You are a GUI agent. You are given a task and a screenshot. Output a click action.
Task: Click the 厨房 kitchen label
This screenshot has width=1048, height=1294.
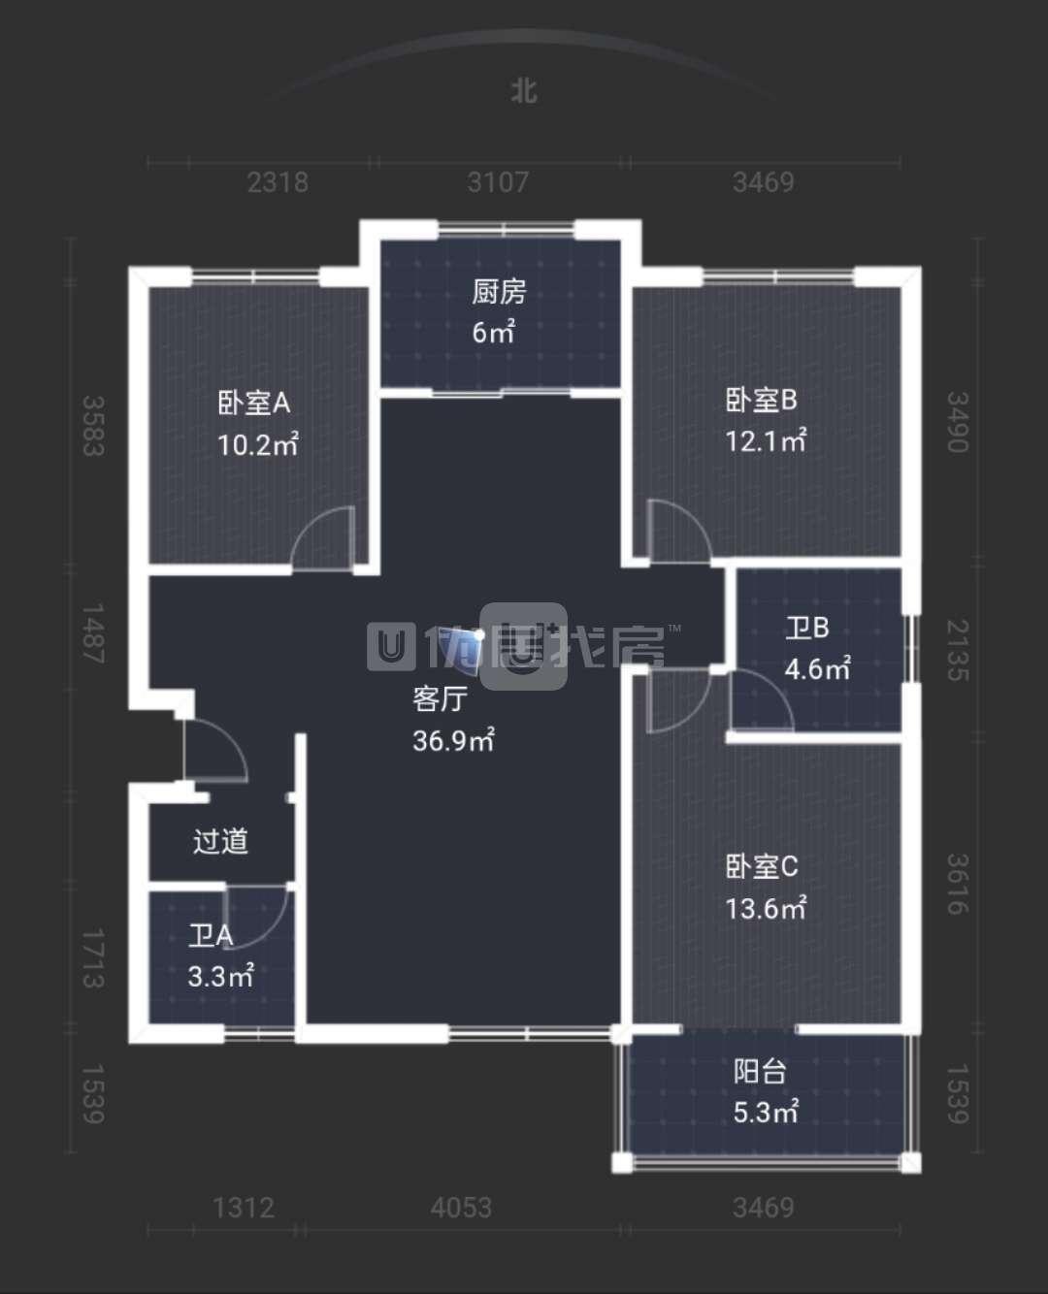coord(499,291)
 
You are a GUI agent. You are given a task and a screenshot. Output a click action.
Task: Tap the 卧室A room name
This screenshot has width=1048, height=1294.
coord(253,402)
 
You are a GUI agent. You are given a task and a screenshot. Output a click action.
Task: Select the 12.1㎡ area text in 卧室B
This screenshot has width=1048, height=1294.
coord(766,441)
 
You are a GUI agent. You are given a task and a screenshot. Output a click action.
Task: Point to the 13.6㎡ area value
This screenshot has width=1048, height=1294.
coord(766,908)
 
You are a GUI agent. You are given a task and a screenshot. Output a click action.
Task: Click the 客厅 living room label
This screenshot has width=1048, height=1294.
coord(440,698)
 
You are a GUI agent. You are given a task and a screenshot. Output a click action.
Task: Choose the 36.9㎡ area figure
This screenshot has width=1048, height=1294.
coord(453,741)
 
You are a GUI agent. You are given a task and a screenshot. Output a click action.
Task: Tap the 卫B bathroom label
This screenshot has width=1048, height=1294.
coord(806,628)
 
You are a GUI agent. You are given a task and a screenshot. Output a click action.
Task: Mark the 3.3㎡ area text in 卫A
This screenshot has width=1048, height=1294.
coord(220,976)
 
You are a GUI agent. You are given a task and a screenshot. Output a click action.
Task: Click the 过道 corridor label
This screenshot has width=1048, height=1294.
coord(220,840)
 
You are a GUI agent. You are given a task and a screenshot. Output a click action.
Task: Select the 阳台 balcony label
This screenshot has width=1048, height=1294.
coord(760,1071)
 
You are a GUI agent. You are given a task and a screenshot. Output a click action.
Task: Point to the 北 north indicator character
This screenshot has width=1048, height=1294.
coord(524,91)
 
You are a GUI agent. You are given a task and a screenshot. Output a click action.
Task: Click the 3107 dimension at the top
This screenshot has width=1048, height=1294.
coord(498,182)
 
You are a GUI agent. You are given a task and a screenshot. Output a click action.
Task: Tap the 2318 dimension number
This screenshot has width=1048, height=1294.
coord(278,182)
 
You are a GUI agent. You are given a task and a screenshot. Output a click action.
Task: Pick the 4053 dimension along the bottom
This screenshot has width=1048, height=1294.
coord(461,1208)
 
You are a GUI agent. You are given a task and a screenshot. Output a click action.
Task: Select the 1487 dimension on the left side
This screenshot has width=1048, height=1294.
coord(92,633)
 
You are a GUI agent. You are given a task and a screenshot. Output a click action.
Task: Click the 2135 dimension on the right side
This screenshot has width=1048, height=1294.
coord(957,650)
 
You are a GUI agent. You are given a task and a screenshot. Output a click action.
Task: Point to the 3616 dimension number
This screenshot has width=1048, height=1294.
coord(957,884)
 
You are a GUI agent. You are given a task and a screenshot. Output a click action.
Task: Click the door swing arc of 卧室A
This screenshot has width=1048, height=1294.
coord(320,535)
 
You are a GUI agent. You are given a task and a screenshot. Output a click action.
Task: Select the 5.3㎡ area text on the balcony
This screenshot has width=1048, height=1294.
coord(766,1112)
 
